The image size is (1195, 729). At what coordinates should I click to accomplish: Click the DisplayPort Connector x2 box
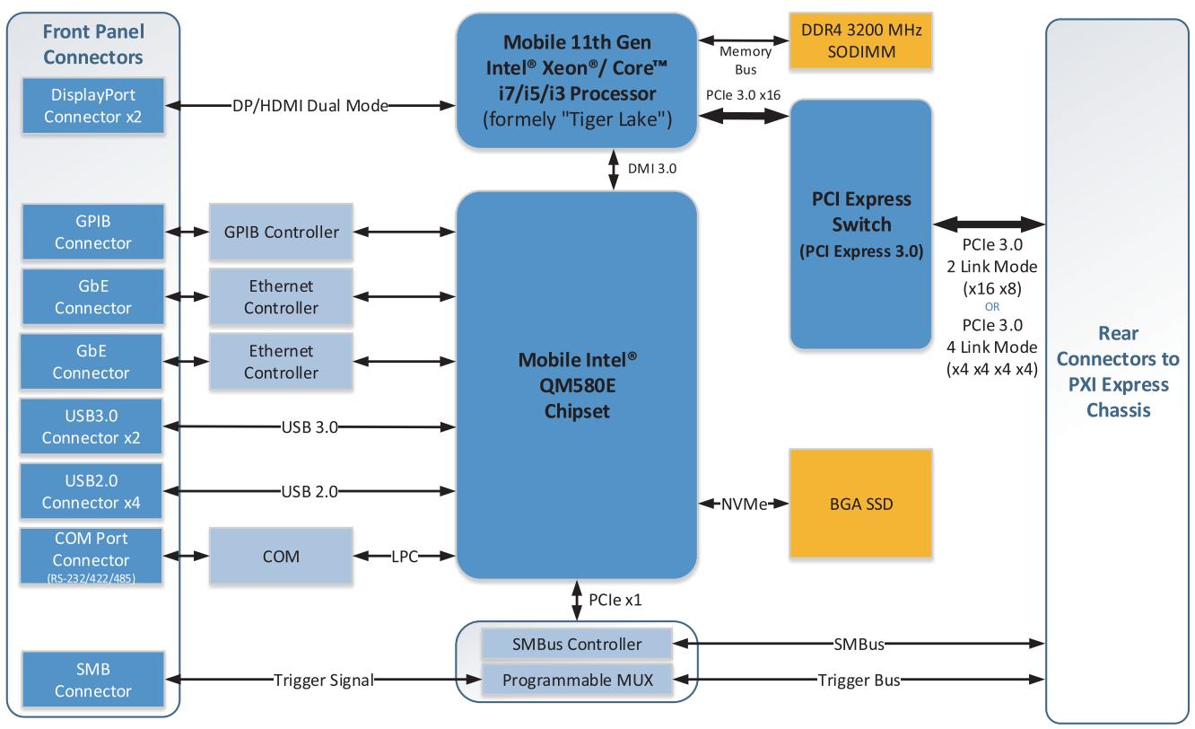pyautogui.click(x=92, y=106)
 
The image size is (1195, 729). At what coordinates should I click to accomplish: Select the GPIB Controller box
pyautogui.click(x=281, y=232)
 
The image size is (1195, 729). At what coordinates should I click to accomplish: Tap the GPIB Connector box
pyautogui.click(x=92, y=232)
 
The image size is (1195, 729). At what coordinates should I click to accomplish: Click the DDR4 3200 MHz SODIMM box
pyautogui.click(x=860, y=40)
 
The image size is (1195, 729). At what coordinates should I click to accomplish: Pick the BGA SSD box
pyautogui.click(x=860, y=504)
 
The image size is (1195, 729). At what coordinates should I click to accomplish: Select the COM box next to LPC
pyautogui.click(x=281, y=556)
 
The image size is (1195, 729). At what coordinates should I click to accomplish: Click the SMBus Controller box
pyautogui.click(x=576, y=644)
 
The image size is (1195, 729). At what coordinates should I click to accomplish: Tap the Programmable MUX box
pyautogui.click(x=576, y=680)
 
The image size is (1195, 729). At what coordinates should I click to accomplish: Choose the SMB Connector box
pyautogui.click(x=92, y=680)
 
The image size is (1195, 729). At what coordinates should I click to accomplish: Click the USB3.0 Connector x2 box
pyautogui.click(x=92, y=426)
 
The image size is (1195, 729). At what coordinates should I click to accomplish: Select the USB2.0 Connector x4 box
pyautogui.click(x=92, y=491)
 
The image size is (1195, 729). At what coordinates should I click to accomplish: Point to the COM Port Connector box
pyautogui.click(x=92, y=556)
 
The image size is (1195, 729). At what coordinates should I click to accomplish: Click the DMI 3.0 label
pyautogui.click(x=652, y=169)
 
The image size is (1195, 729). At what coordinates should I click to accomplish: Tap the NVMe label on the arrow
pyautogui.click(x=745, y=504)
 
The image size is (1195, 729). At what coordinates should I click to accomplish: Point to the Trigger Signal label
pyautogui.click(x=323, y=680)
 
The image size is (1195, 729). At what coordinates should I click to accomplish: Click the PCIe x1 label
pyautogui.click(x=615, y=600)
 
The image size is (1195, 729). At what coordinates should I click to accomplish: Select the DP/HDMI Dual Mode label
pyautogui.click(x=310, y=106)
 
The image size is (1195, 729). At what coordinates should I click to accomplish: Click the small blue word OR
pyautogui.click(x=991, y=307)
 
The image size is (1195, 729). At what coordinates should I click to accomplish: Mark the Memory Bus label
pyautogui.click(x=746, y=60)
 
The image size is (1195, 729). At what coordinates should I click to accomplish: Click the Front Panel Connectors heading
pyautogui.click(x=93, y=44)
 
